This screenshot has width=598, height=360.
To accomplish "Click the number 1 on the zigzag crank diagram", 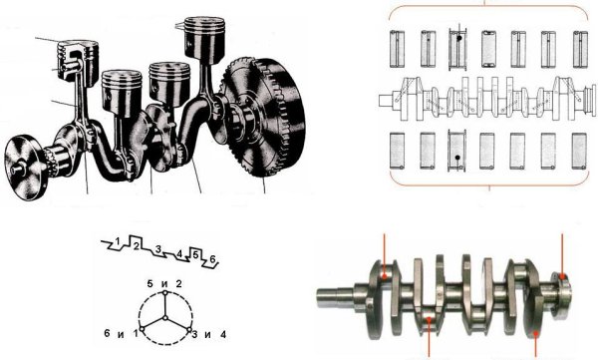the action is [119, 241].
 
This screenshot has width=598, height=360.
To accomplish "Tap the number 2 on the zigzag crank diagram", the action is [136, 246].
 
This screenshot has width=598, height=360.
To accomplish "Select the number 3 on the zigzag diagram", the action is [158, 249].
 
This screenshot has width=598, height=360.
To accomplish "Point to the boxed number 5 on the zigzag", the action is [195, 254].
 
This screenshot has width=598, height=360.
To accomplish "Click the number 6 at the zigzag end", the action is [213, 259].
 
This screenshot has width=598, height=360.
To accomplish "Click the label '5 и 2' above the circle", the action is [164, 283].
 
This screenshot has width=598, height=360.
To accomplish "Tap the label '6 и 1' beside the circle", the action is [121, 334].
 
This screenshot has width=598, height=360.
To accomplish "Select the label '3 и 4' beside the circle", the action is [208, 335].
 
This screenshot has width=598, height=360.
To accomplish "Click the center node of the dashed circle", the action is [165, 318].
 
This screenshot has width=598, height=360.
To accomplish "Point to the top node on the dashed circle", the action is [165, 293].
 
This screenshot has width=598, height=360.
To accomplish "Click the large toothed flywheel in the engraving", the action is [263, 117].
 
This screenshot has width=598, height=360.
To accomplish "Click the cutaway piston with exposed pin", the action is [78, 61].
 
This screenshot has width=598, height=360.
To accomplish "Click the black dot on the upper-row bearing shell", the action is [459, 39].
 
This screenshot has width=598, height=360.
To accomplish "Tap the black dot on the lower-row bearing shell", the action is [456, 158].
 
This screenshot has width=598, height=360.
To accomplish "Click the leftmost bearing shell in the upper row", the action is [397, 49].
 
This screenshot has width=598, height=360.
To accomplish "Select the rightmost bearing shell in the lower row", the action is [579, 151].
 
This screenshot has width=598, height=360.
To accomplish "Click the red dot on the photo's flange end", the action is [562, 275].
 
